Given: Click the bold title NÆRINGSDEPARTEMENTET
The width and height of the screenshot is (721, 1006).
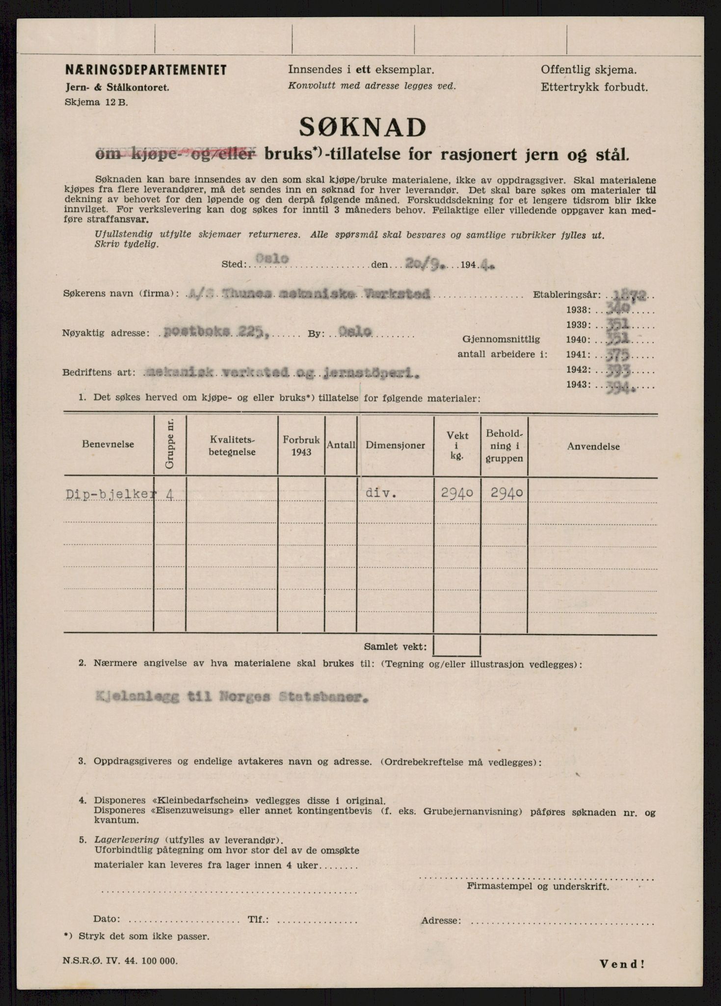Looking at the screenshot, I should pyautogui.click(x=146, y=70).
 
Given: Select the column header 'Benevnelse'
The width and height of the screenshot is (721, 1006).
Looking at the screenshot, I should pyautogui.click(x=108, y=444).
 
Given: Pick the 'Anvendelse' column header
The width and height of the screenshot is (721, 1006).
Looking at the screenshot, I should pyautogui.click(x=593, y=447).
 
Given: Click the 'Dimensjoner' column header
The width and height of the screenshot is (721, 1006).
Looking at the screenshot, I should pyautogui.click(x=395, y=445).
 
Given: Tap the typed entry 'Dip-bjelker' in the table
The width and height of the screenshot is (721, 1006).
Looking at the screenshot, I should pyautogui.click(x=109, y=494).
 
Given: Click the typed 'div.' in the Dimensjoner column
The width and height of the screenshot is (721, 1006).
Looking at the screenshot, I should pyautogui.click(x=381, y=493).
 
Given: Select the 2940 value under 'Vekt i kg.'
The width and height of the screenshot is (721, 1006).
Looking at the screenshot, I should pyautogui.click(x=456, y=493).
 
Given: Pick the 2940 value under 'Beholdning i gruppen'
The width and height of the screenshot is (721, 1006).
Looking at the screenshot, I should pyautogui.click(x=504, y=493).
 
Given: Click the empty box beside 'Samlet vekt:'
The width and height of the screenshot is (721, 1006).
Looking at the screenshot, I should pyautogui.click(x=456, y=645).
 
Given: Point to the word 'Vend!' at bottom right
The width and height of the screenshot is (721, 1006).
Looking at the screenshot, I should pyautogui.click(x=622, y=964).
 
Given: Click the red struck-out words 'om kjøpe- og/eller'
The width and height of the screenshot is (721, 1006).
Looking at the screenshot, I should pyautogui.click(x=175, y=155).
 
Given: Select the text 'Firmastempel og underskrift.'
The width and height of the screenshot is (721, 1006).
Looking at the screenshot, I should pyautogui.click(x=538, y=887).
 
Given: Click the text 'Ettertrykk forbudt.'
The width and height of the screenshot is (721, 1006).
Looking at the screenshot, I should pyautogui.click(x=594, y=88).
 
